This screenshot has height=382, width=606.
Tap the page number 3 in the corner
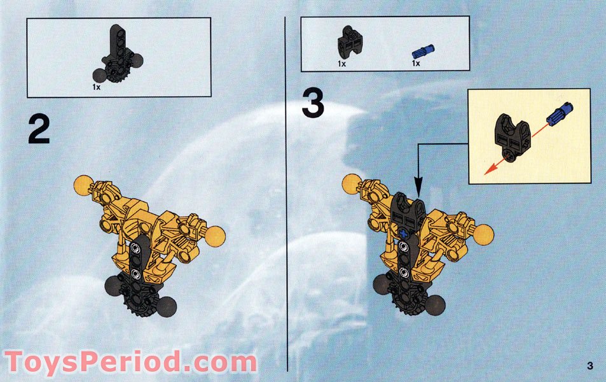[x=590, y=365]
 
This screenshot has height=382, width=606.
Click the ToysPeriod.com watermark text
[x=130, y=362]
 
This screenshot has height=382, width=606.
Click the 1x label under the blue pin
[x=416, y=64]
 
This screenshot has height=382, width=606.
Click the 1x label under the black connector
[x=341, y=64]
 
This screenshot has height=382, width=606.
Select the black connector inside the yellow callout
[x=513, y=135]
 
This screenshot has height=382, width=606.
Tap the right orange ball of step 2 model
[x=215, y=236]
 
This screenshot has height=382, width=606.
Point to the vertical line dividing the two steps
[x=287, y=191]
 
